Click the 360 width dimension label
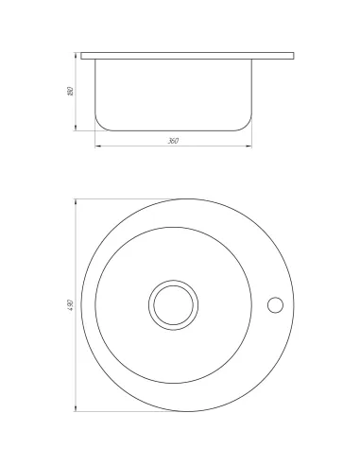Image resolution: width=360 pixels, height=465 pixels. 173,142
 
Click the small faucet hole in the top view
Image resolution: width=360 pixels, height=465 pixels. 276,305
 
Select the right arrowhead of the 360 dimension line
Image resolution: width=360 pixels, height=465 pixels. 250,147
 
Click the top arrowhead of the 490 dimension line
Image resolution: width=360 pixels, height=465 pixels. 76,201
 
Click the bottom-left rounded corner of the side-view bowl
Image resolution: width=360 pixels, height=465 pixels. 99,124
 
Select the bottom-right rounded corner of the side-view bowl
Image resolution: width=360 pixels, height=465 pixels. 249,124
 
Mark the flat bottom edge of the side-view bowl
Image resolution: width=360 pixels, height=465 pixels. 174,129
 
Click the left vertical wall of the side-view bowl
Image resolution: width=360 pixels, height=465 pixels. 95,90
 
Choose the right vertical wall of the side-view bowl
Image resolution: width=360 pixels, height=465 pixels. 252,90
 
